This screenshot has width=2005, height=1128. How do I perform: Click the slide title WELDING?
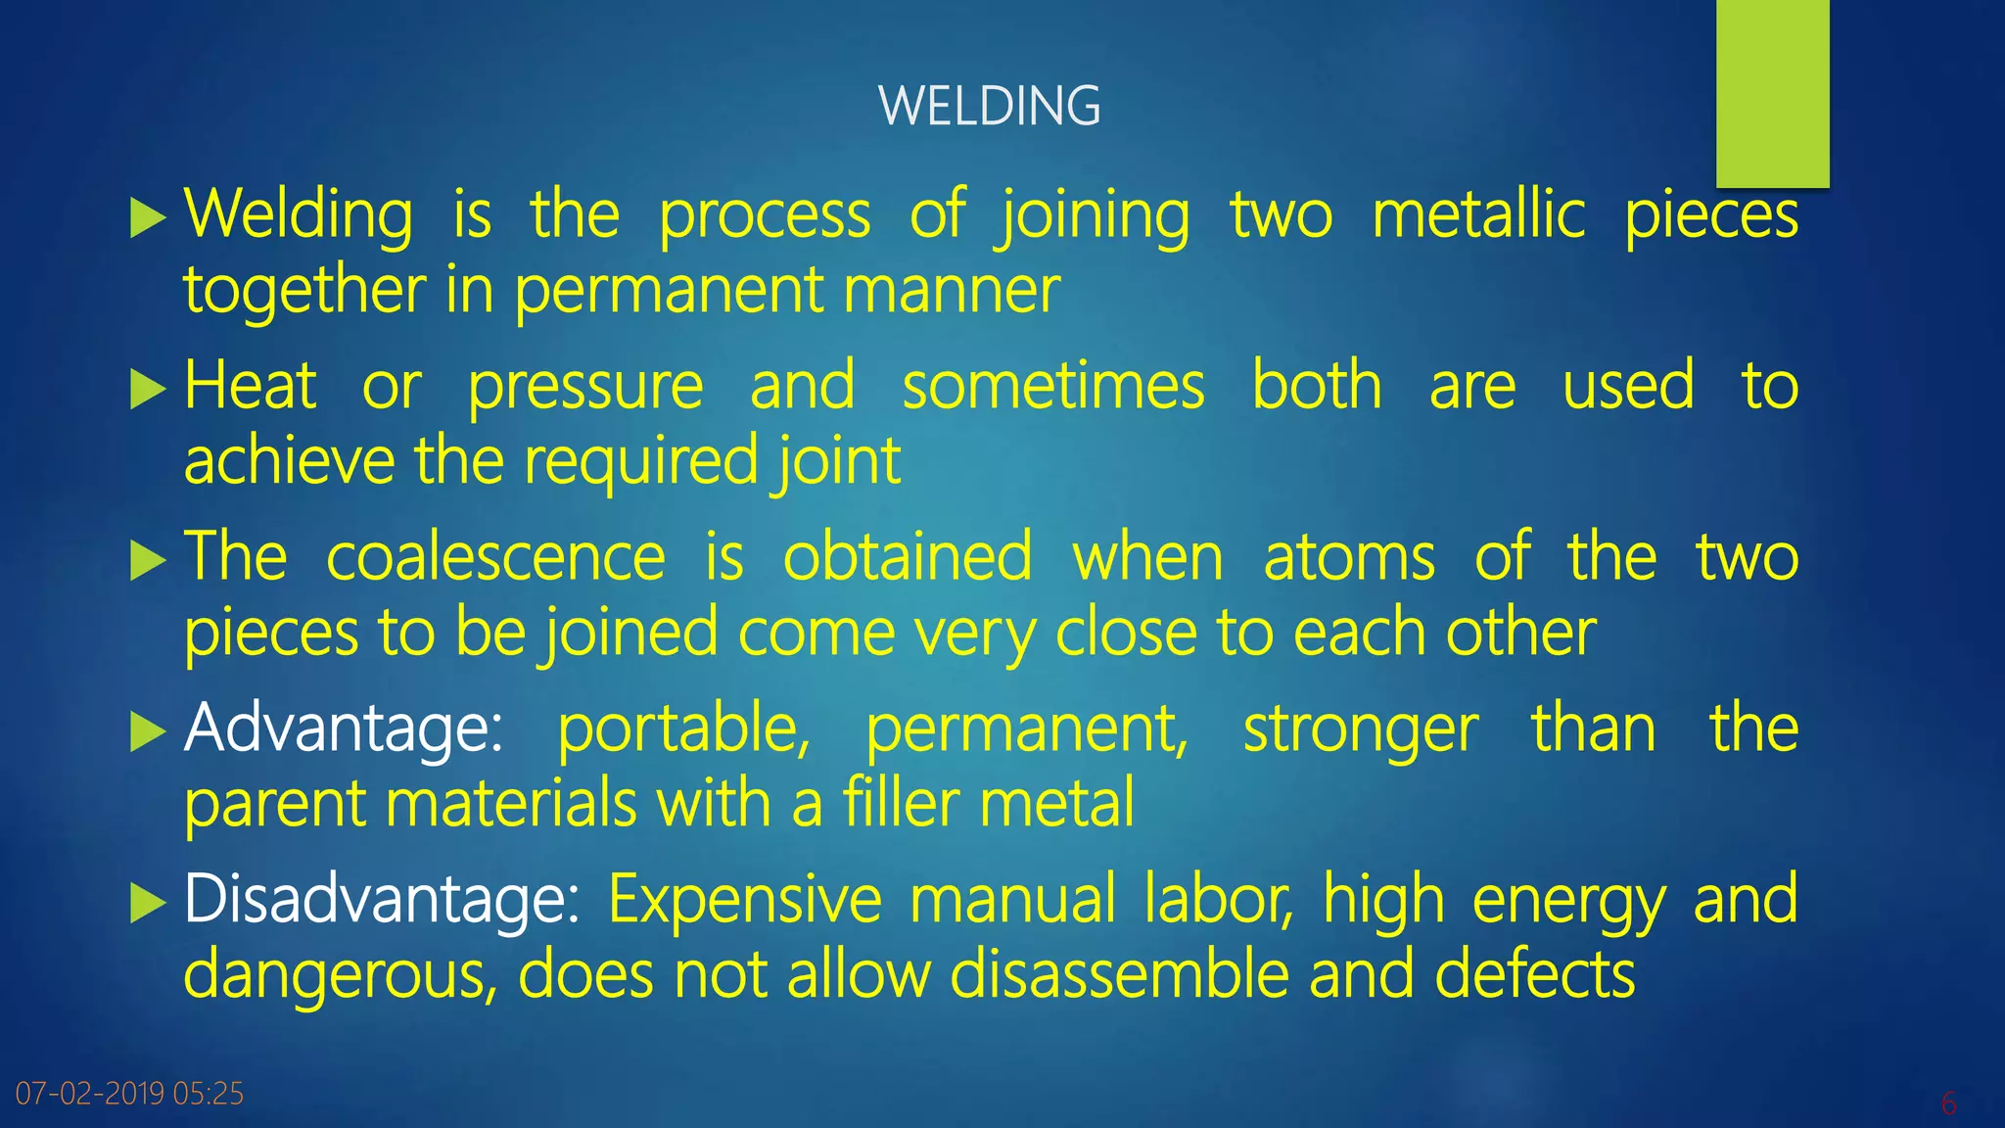tap(989, 106)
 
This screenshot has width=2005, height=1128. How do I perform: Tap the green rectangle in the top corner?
tap(1772, 93)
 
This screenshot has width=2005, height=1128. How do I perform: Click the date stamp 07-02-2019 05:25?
tap(129, 1093)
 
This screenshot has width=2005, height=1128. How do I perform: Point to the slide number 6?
tap(1948, 1104)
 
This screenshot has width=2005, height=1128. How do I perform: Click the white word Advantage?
tap(343, 728)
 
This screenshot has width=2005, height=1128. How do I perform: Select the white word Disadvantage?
tap(382, 899)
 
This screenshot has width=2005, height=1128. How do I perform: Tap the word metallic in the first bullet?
tap(1478, 215)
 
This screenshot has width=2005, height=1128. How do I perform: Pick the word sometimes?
tap(1053, 386)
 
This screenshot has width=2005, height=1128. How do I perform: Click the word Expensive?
tap(745, 899)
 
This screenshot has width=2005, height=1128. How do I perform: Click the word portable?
tap(683, 728)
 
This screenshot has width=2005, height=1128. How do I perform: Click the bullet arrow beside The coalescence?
tap(147, 561)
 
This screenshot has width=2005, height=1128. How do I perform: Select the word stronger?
tap(1361, 730)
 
